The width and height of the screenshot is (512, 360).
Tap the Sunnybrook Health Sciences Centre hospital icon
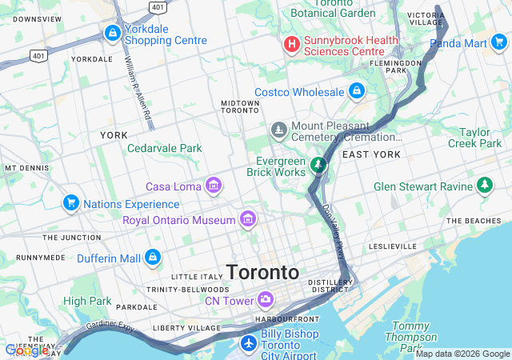[292, 43]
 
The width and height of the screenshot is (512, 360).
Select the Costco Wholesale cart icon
[356, 92]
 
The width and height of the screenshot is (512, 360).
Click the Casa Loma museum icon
[213, 186]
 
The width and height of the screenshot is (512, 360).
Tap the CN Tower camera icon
[266, 301]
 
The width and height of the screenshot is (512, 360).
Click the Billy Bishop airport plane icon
[249, 343]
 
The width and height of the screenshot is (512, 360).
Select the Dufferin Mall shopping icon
[152, 258]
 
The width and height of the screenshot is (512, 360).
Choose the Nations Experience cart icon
[71, 204]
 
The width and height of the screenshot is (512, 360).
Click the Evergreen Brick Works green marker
[318, 165]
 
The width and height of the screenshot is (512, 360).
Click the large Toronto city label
[262, 273]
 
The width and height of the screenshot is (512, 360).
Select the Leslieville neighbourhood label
[393, 246]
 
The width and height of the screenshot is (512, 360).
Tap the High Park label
[86, 301]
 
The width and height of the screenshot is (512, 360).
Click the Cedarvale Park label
[164, 148]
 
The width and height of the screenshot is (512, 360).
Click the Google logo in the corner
[26, 350]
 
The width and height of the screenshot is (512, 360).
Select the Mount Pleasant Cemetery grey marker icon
[278, 129]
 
